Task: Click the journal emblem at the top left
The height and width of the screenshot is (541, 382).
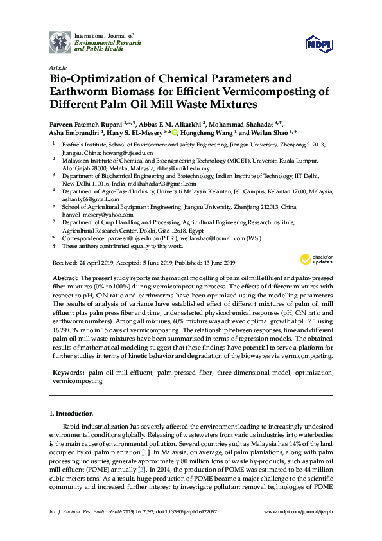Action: pyautogui.click(x=60, y=41)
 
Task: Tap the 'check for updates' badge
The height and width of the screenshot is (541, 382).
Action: pyautogui.click(x=314, y=259)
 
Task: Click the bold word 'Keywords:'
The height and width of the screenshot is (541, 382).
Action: pyautogui.click(x=67, y=372)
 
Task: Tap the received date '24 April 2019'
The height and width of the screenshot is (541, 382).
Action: pyautogui.click(x=100, y=262)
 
